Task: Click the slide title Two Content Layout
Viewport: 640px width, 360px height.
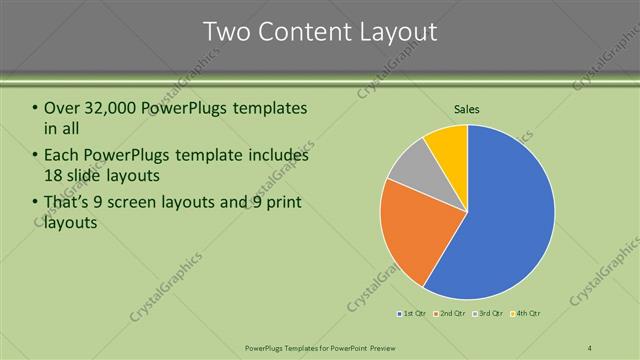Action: coord(320,32)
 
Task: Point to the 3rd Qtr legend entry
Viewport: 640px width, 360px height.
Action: coord(489,314)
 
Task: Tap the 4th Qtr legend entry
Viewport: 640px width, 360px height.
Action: coord(527,314)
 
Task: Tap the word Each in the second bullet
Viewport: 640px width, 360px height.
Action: coord(62,156)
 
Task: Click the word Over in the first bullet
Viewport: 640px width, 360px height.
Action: coord(63,107)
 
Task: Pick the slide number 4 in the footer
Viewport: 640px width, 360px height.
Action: coord(589,347)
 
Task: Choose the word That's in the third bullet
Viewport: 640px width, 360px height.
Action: coord(69,203)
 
